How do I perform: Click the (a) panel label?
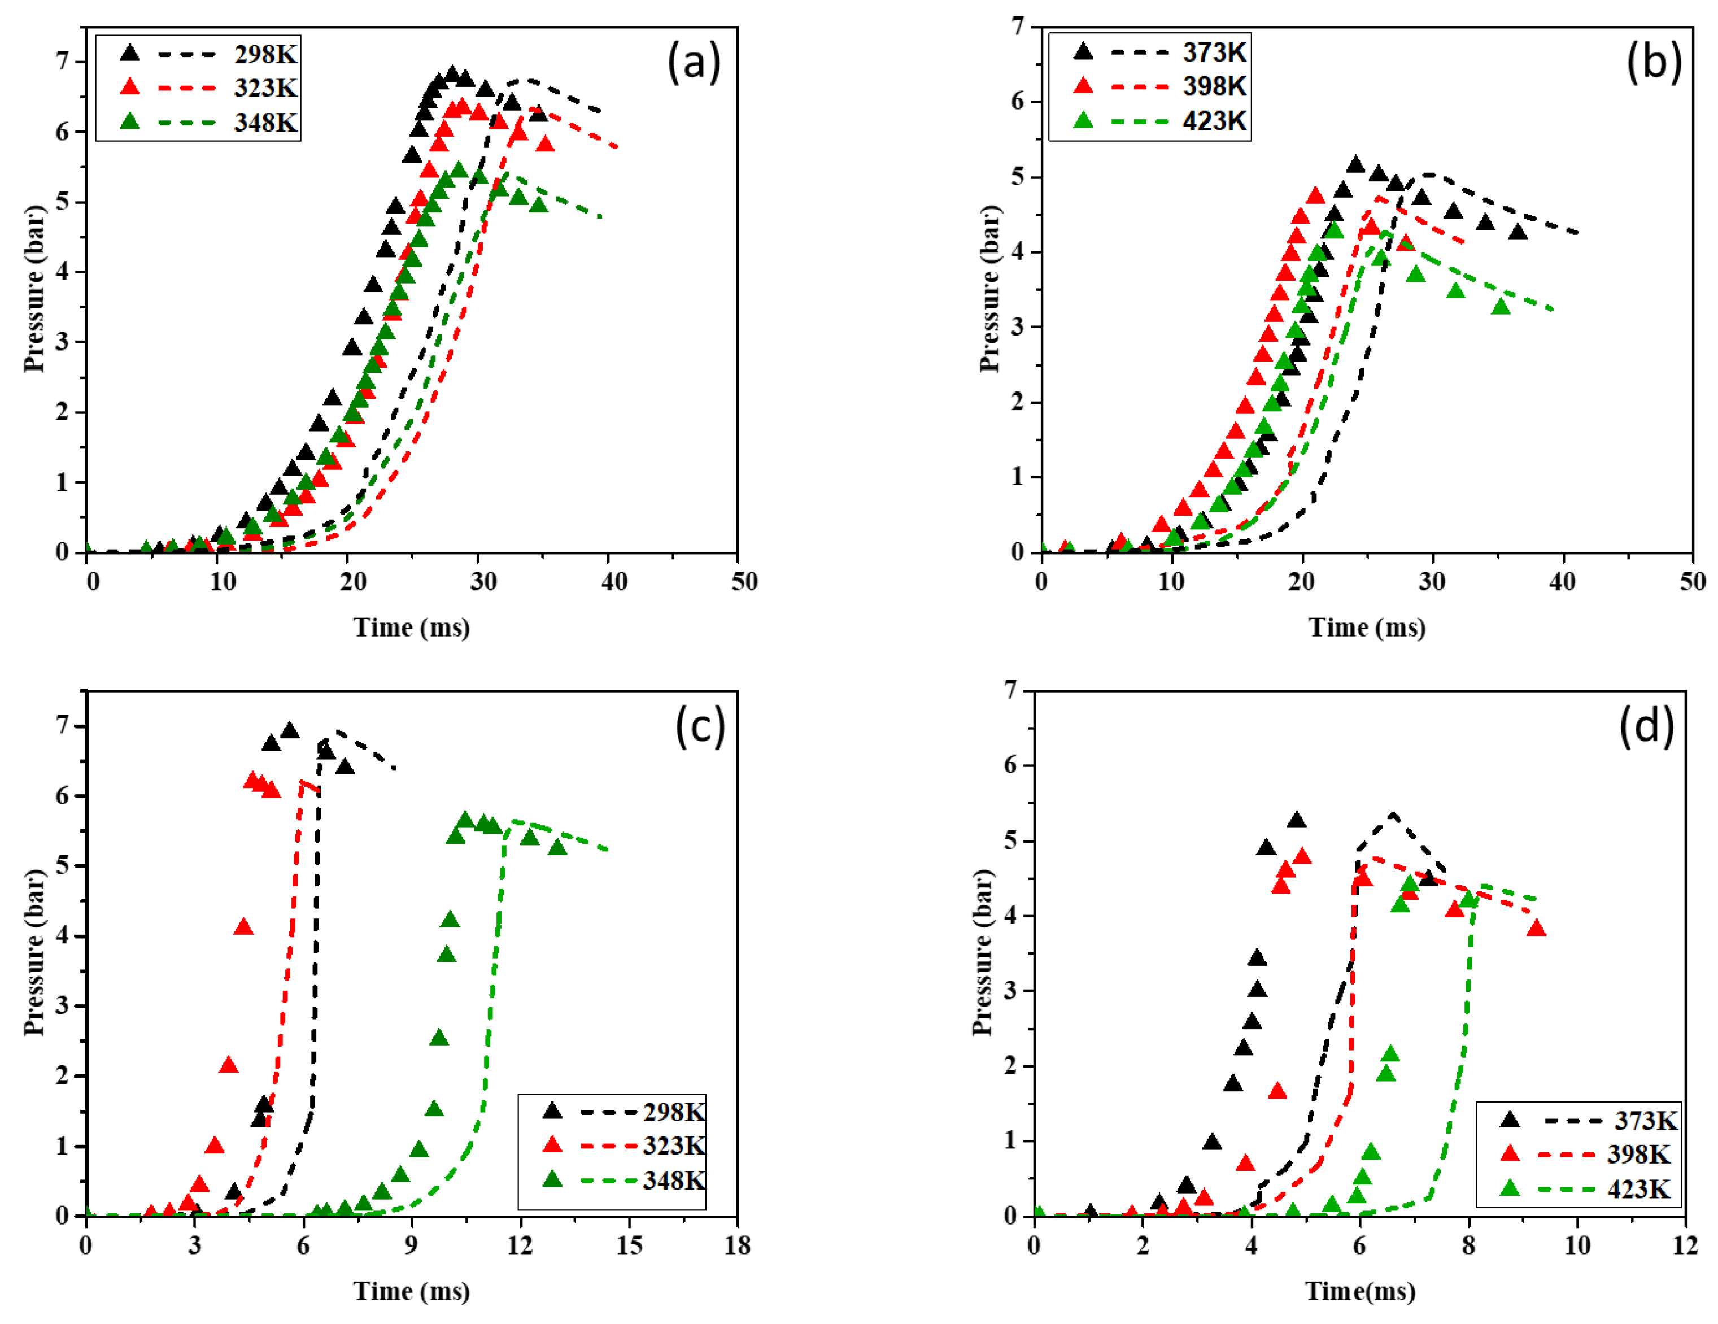click(x=694, y=62)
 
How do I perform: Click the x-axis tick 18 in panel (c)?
click(x=737, y=1245)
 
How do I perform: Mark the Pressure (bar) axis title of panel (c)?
click(x=33, y=953)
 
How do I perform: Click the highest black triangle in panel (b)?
click(x=1355, y=164)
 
